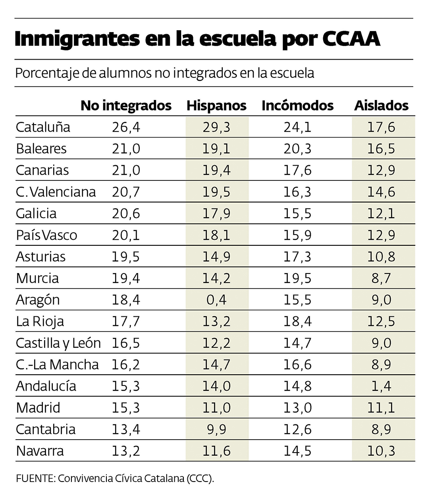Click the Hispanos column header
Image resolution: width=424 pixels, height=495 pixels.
pos(216,106)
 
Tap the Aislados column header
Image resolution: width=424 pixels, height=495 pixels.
pos(381,106)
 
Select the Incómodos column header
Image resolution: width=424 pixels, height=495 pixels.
pos(298,106)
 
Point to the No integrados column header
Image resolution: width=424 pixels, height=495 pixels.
pos(126,106)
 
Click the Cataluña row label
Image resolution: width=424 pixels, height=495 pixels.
pos(43,127)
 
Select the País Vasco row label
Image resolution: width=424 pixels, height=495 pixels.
pos(46,235)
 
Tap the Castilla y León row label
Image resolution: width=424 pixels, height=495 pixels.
pos(58,343)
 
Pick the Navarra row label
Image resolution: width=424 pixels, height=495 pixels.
pos(40,451)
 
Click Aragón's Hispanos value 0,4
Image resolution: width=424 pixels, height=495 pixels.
pos(216,300)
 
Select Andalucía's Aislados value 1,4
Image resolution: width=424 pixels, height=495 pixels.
pos(381,386)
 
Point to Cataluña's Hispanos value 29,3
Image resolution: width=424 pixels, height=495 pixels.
pos(216,127)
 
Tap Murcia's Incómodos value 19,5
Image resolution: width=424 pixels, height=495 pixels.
pos(298,278)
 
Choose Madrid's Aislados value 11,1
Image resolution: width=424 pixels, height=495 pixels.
pos(381,408)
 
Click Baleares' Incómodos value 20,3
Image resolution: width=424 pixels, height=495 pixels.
pos(298,149)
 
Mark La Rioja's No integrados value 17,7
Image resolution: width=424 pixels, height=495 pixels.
pos(126,321)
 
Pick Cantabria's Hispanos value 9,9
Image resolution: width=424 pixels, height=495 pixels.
pos(216,429)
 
